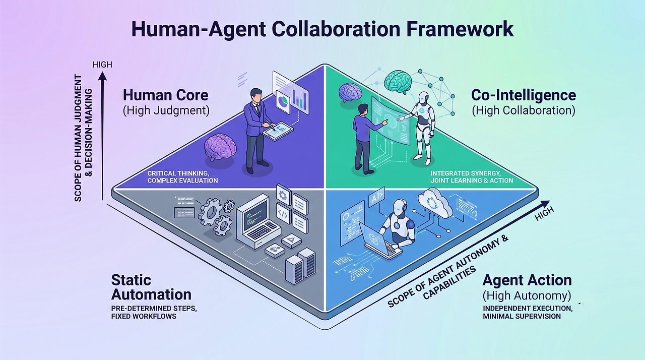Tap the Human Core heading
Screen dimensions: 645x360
(x=166, y=95)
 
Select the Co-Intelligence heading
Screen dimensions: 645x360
(x=524, y=95)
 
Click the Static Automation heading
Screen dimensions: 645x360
(x=151, y=287)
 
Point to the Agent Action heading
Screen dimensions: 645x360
(x=527, y=280)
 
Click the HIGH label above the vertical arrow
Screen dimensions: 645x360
(x=102, y=65)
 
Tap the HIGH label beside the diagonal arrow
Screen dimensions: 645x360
(x=544, y=214)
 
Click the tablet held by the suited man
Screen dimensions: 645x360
(x=278, y=131)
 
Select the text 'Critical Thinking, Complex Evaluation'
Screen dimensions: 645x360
(x=182, y=177)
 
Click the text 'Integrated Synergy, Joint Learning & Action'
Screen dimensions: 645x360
(x=472, y=177)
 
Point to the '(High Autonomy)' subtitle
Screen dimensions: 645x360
(x=527, y=295)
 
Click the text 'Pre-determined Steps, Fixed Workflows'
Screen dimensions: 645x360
(x=154, y=312)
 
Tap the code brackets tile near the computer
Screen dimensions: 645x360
(x=283, y=213)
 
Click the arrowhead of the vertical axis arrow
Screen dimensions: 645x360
(x=102, y=76)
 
